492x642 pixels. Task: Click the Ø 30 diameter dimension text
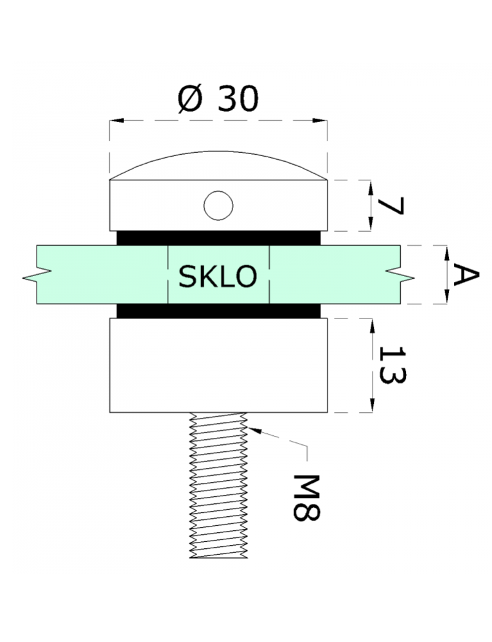tap(218, 99)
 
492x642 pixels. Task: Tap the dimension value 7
tap(391, 206)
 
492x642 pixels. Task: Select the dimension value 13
tap(392, 365)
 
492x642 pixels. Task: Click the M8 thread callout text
tap(306, 498)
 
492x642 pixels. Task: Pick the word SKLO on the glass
tap(218, 276)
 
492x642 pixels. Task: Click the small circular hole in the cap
tap(218, 205)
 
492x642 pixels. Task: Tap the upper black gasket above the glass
tap(219, 238)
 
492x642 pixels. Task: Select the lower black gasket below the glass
tap(219, 311)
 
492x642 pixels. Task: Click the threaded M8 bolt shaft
tap(218, 485)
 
